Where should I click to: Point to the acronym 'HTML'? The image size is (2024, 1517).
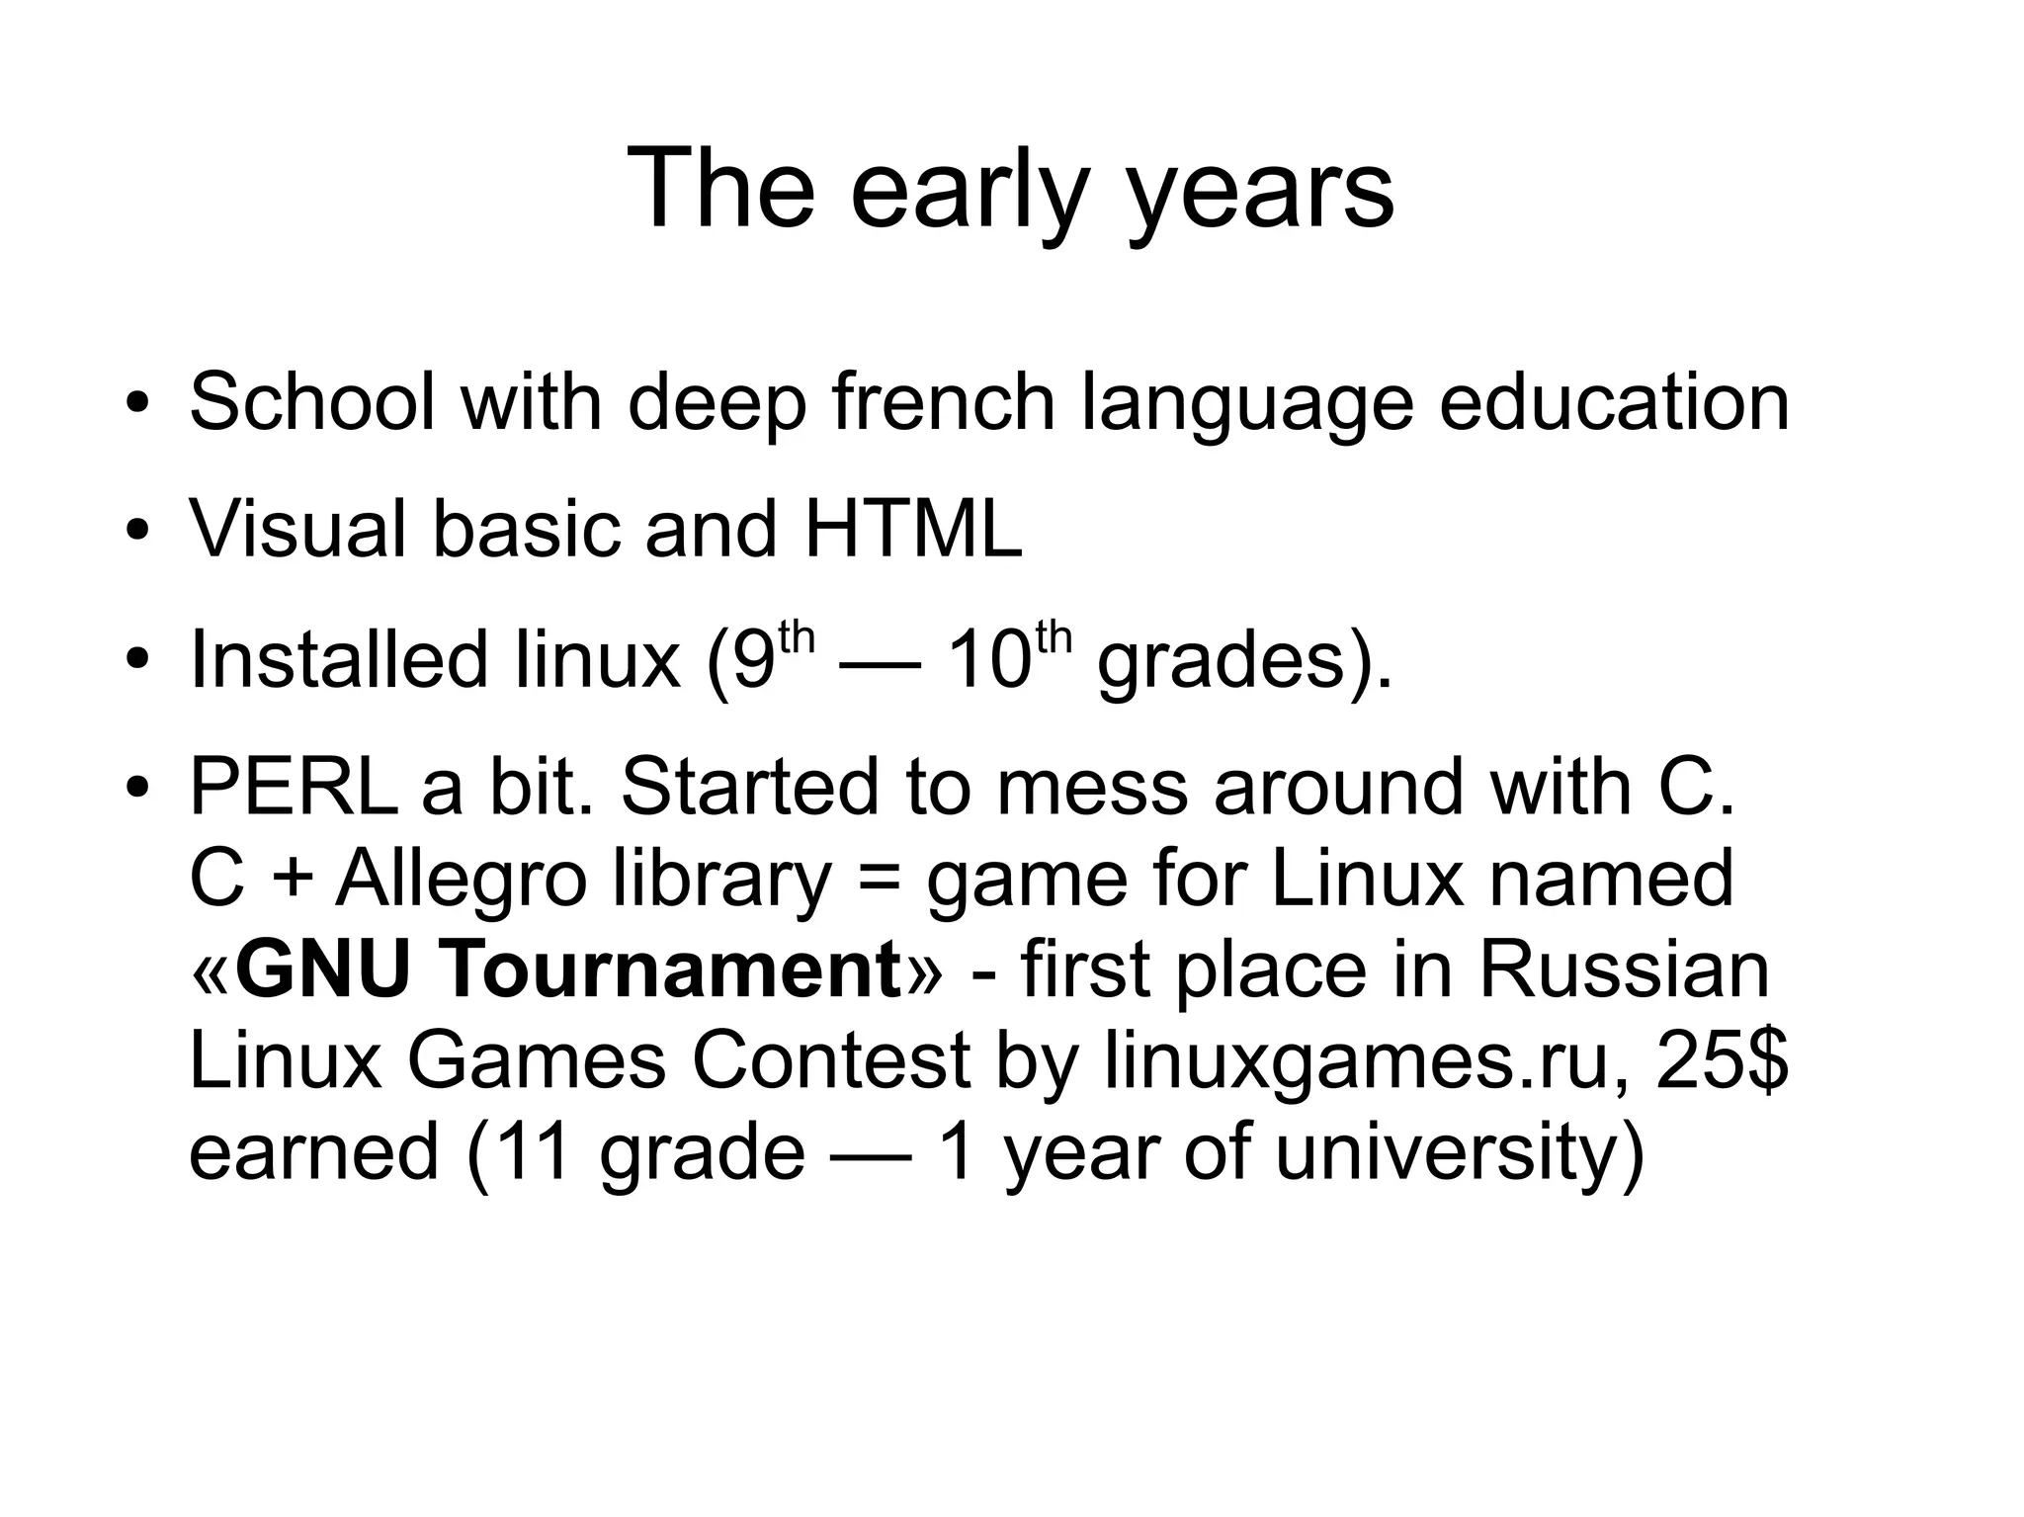tap(913, 529)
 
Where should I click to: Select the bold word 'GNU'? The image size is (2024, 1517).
tap(322, 969)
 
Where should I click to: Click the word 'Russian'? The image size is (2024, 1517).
tap(1624, 969)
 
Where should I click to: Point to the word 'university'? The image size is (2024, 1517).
tap(1459, 1152)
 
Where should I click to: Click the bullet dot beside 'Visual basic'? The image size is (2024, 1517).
tap(137, 531)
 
